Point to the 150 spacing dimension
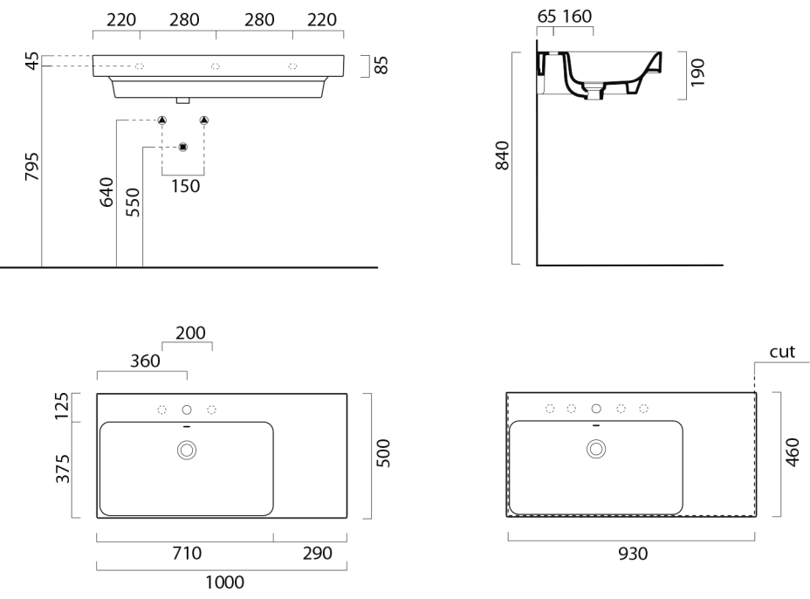point(184,185)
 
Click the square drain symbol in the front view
point(182,147)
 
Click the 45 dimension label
point(31,61)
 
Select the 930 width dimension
point(631,553)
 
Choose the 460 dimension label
point(793,453)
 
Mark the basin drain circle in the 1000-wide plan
point(186,450)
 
